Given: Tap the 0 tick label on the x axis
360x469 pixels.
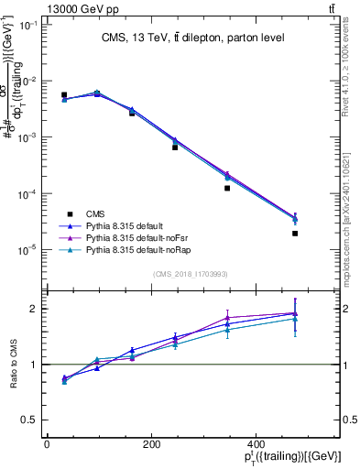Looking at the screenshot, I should (47, 444).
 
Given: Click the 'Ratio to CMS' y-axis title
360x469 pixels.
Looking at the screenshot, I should (15, 364).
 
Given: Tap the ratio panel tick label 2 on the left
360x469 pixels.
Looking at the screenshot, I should (31, 309).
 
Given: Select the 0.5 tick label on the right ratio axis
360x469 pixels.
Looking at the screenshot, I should (350, 420).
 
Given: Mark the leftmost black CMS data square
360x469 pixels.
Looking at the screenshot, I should (64, 94).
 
